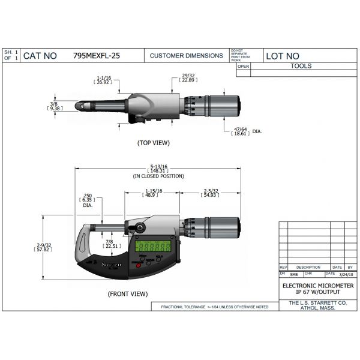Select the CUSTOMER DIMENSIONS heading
186,56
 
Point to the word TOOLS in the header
301,66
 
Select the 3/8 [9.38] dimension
54,106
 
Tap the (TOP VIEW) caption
154,143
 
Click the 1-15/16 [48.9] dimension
148,193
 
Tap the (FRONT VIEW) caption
127,294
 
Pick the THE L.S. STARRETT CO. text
318,304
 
